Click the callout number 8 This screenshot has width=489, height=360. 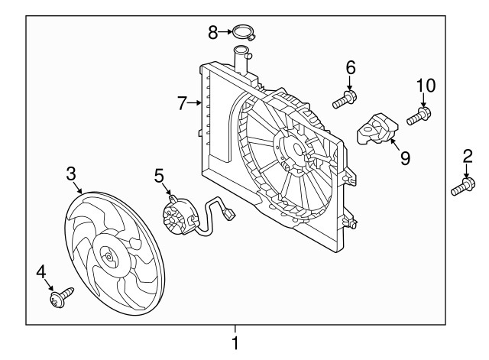click(x=213, y=31)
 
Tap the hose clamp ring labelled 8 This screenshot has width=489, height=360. click(x=244, y=33)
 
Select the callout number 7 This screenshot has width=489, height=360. click(x=182, y=103)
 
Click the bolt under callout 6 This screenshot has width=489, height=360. click(x=345, y=99)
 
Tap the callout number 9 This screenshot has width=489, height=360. click(x=404, y=158)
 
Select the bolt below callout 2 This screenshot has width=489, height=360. click(x=462, y=186)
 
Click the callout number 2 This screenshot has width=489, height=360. click(x=467, y=158)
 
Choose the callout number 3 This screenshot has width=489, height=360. click(x=70, y=174)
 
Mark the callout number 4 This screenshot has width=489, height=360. click(x=42, y=271)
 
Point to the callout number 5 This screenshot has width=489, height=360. click(x=158, y=177)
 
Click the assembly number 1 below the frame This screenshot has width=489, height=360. click(x=235, y=343)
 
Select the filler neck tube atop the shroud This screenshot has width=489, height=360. click(x=242, y=60)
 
